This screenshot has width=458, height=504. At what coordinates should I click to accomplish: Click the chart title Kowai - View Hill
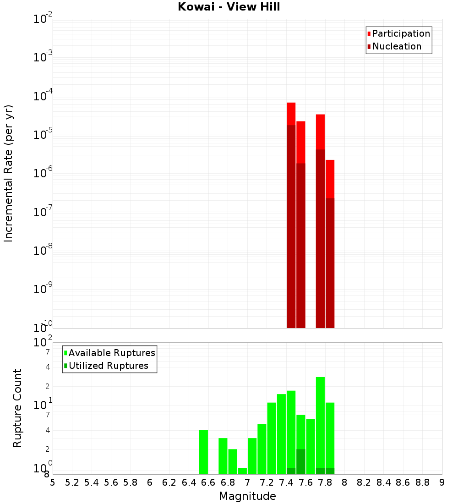229,7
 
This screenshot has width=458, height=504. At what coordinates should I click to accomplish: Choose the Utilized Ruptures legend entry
108,366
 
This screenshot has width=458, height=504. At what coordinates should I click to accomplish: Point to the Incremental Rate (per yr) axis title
9,174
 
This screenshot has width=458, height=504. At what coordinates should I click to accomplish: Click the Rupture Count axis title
17,408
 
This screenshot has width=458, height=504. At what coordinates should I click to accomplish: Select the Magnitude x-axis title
247,496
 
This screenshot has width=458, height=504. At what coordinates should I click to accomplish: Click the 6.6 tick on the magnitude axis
208,482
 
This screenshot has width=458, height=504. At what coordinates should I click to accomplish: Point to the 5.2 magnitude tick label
72,482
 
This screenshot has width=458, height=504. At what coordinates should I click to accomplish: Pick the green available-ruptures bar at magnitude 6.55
203,452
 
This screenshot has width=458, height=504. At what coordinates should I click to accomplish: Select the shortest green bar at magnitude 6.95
242,471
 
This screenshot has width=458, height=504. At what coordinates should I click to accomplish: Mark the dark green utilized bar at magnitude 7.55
301,462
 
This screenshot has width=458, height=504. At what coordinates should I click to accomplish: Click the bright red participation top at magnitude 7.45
291,114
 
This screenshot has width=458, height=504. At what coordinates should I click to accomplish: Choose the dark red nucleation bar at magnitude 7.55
301,245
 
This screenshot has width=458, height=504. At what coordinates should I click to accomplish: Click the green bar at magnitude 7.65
311,447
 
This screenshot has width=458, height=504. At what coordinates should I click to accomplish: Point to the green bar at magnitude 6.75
223,456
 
